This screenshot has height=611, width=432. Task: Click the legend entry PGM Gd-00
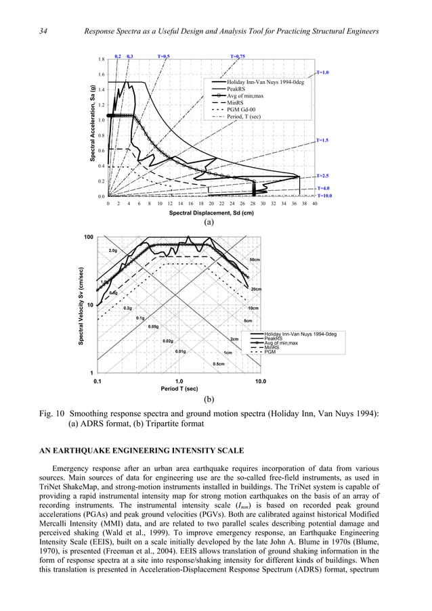point(240,110)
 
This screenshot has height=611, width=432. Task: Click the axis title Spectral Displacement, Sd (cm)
point(211,213)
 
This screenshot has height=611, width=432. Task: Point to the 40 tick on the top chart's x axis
point(315,203)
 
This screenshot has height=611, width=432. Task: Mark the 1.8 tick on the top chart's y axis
point(101,60)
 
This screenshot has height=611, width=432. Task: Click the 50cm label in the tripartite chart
point(255,261)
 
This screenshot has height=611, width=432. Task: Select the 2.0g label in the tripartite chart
point(113,250)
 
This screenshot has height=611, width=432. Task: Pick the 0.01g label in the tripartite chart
point(181,351)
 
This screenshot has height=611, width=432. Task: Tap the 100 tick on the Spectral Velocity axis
point(89,237)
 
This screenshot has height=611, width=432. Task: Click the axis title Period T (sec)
point(179,389)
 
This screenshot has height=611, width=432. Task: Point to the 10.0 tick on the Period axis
point(260,382)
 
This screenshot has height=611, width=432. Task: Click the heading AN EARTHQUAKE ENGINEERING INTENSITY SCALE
point(137,455)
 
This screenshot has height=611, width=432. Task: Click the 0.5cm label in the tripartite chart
point(219,364)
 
